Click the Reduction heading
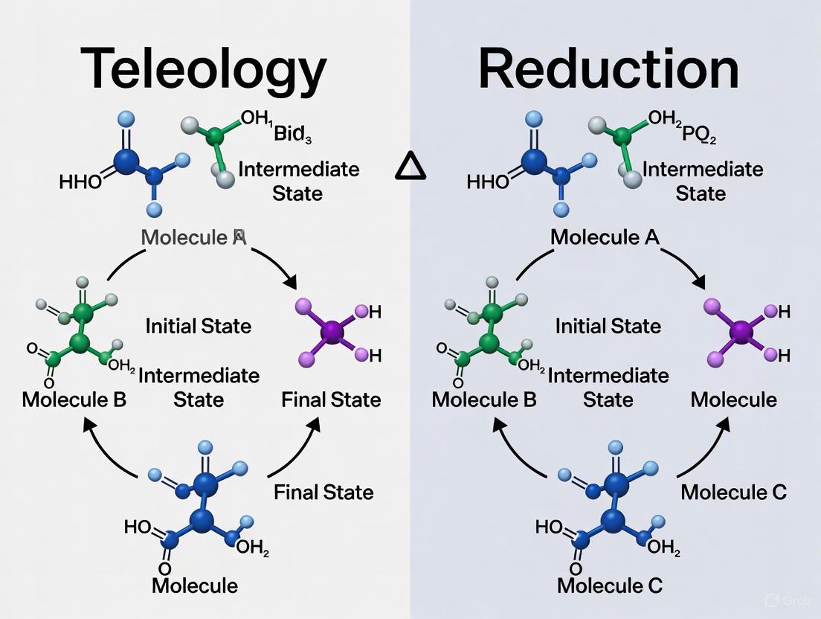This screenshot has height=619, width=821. point(608,69)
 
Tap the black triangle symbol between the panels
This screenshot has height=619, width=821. point(411,167)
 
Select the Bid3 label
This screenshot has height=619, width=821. point(294,135)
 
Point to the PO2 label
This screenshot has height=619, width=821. point(698,135)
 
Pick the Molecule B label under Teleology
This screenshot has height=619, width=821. point(74,400)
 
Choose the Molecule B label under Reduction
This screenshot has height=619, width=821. point(484,400)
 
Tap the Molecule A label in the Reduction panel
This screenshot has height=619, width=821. point(605,237)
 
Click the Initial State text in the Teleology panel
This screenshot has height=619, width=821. point(199,326)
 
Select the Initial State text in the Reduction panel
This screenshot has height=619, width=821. point(608,326)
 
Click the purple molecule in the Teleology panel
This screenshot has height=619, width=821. point(332,331)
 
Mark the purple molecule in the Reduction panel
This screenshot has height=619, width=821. point(741,331)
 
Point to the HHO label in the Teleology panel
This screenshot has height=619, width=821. point(81,182)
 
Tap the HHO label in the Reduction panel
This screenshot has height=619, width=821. point(489,182)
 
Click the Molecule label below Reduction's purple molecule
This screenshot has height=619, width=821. point(733,400)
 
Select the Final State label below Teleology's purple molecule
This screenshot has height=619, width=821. point(331,400)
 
